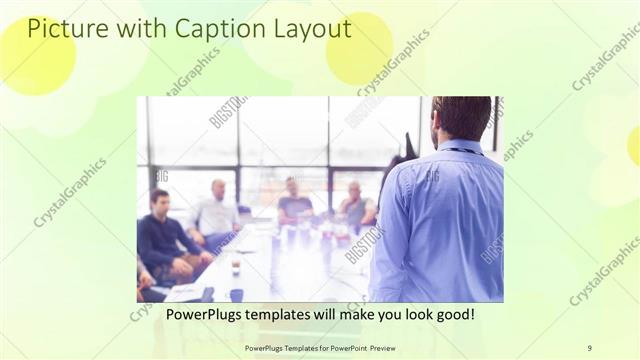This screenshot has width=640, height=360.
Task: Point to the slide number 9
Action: click(x=589, y=347)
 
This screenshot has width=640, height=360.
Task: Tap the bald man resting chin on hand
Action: click(x=355, y=206)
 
